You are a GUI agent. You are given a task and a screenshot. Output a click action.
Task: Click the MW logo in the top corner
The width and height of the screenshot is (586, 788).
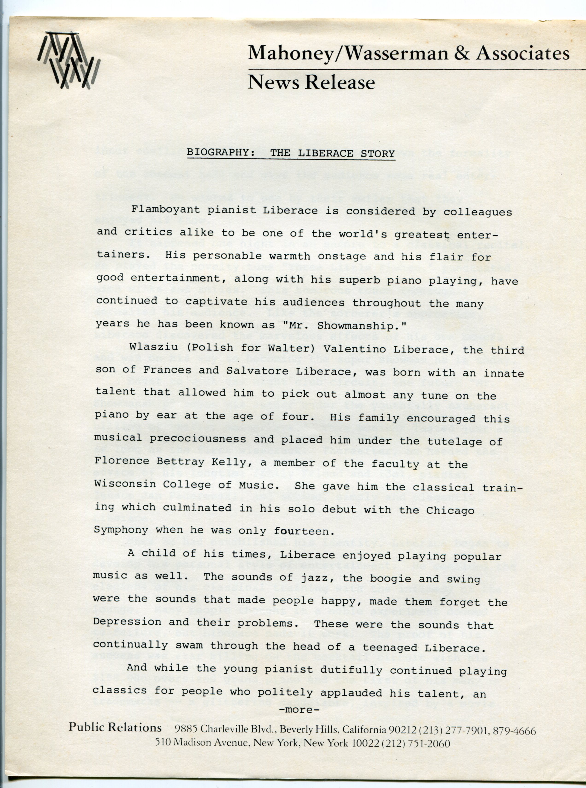point(68,60)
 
